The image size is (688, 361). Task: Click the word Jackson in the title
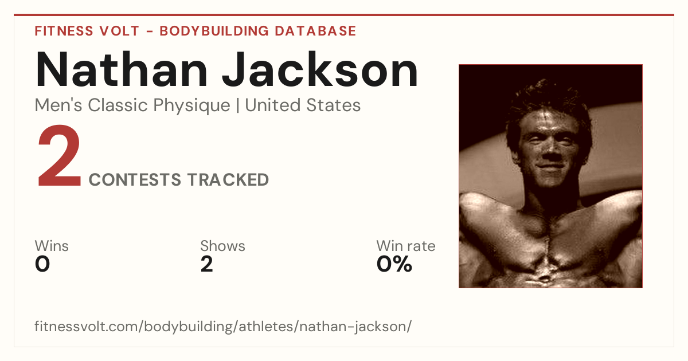coord(320,70)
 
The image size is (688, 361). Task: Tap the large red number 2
coord(59,156)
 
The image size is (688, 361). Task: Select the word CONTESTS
coord(135,179)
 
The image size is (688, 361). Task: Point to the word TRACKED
coord(228,179)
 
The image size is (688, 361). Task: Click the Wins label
coord(52,246)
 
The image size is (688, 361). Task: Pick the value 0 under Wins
coord(42,264)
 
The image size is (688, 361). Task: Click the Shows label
coord(222,246)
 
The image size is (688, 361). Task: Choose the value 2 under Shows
coord(207,264)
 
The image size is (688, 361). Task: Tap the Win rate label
coord(406,246)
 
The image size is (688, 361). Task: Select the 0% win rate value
coord(394,264)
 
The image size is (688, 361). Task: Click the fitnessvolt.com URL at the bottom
coord(223,326)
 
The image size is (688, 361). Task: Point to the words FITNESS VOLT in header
coord(87,31)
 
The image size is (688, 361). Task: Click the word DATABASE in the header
coord(315,31)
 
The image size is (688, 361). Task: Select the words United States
coord(303,105)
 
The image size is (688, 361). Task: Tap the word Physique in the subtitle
coord(191,106)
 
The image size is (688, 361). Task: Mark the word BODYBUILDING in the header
coord(214,31)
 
